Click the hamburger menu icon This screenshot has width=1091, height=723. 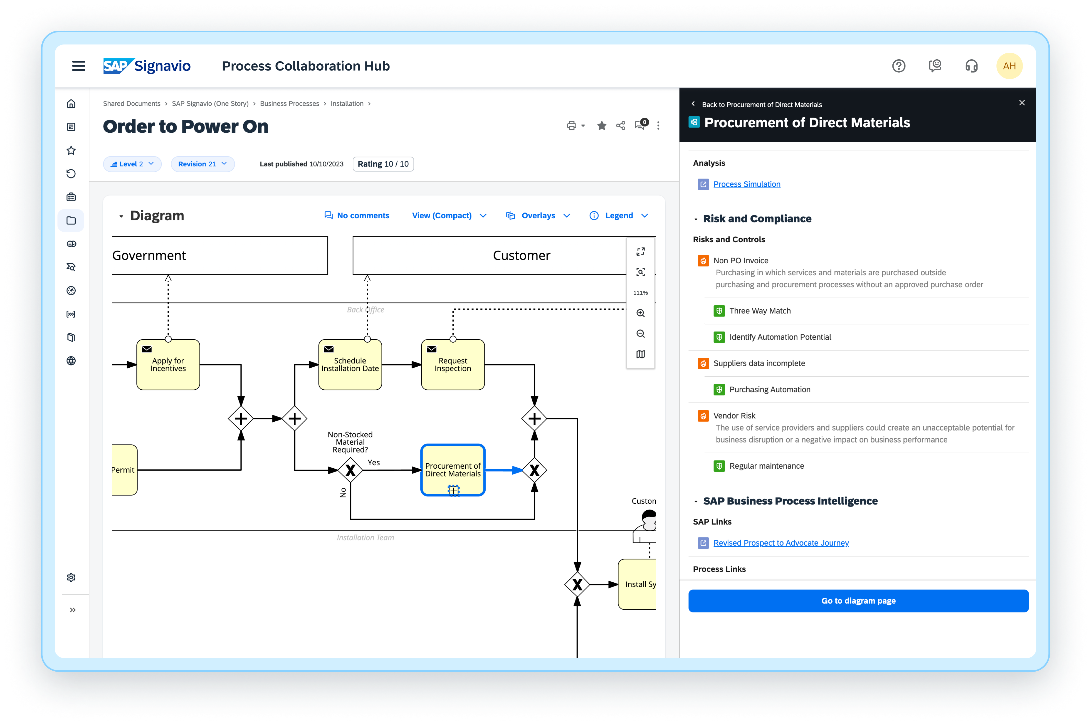tap(79, 66)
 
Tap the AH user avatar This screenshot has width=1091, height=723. tap(1009, 66)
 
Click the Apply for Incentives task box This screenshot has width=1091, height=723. tap(168, 365)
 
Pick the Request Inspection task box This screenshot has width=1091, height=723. tap(453, 365)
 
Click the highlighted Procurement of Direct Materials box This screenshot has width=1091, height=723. tap(453, 470)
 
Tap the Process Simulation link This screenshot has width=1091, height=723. tap(747, 184)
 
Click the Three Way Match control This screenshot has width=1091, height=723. tap(760, 311)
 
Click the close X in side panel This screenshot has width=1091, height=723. tap(1022, 103)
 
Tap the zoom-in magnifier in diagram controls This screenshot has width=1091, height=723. tap(640, 313)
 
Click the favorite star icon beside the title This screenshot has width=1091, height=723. tap(602, 126)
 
